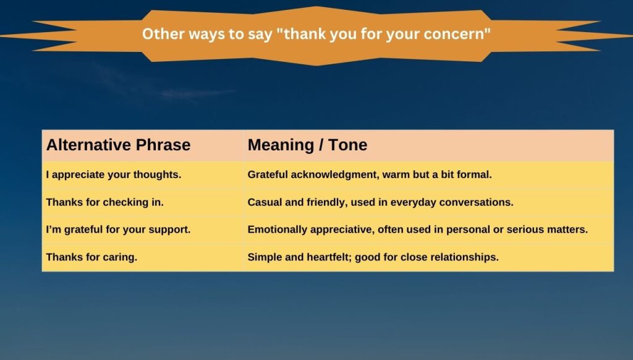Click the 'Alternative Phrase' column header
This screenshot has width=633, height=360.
coord(118,145)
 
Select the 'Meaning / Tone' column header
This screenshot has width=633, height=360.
coord(307,145)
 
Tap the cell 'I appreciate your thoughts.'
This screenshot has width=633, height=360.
coord(113,175)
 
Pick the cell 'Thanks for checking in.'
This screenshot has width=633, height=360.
coord(104,202)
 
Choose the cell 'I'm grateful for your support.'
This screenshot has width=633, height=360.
coord(118,229)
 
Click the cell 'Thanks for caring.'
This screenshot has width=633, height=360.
coord(91,257)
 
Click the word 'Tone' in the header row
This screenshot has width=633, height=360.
coord(347,145)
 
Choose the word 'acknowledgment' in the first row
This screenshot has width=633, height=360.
coord(336,175)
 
